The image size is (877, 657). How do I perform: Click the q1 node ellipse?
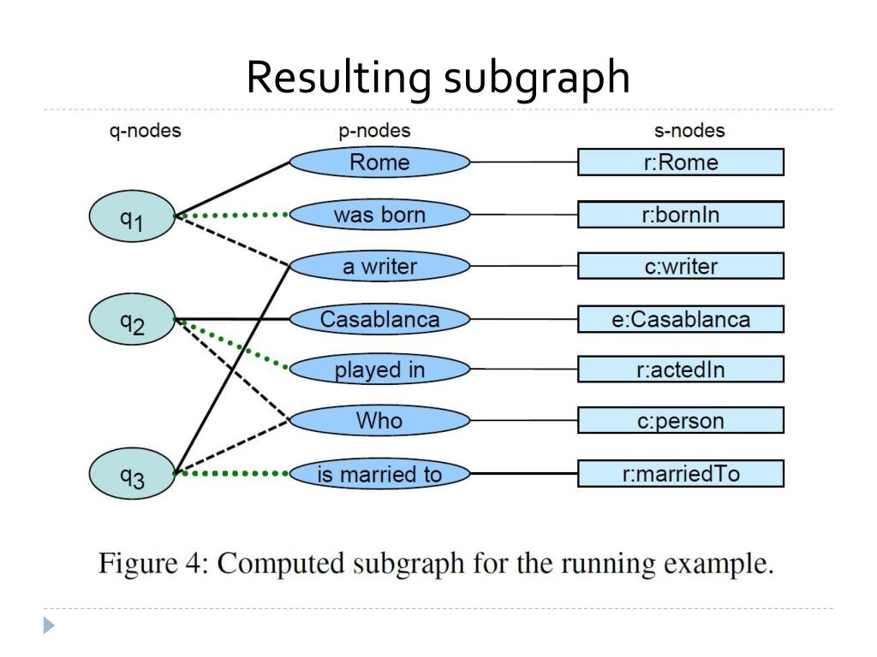132,216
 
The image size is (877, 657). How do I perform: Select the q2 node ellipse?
132,320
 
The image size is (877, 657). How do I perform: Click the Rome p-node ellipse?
379,162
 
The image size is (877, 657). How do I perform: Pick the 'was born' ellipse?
379,215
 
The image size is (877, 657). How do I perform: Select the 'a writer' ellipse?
379,266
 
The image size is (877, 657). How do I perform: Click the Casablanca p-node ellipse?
379,319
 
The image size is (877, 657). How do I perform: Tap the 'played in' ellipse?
379,370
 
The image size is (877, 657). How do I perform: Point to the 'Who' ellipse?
379,420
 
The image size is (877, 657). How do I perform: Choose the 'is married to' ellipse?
379,474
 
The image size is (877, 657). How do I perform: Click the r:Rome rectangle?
681,162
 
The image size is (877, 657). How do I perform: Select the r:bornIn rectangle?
681,215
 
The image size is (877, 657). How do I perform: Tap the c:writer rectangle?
681,266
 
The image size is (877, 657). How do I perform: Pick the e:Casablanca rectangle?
681,319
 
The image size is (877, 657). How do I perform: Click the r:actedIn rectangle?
681,370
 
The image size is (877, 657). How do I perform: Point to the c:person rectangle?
681,420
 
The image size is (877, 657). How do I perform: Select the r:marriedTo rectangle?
681,474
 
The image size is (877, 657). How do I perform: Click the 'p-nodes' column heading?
375,131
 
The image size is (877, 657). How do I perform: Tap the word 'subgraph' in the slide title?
537,78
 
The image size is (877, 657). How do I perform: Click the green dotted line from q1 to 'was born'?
232,215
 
